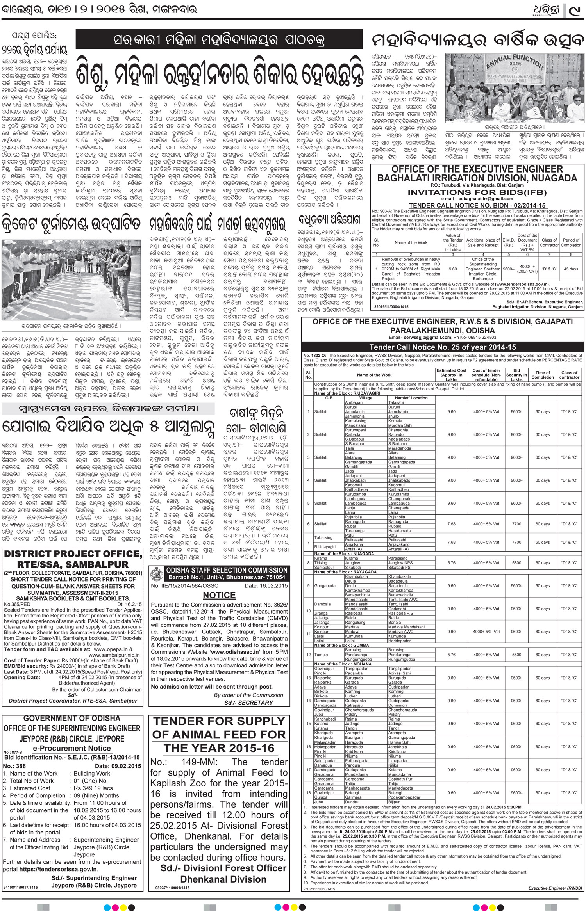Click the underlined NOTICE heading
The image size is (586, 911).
click(219, 595)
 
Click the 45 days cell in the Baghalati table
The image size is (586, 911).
click(571, 269)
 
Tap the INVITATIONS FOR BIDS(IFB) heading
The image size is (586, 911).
click(477, 192)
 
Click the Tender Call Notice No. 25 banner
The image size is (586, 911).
click(443, 347)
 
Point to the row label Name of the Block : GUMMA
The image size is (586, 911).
click(336, 645)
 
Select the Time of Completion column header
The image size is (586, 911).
click(542, 375)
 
